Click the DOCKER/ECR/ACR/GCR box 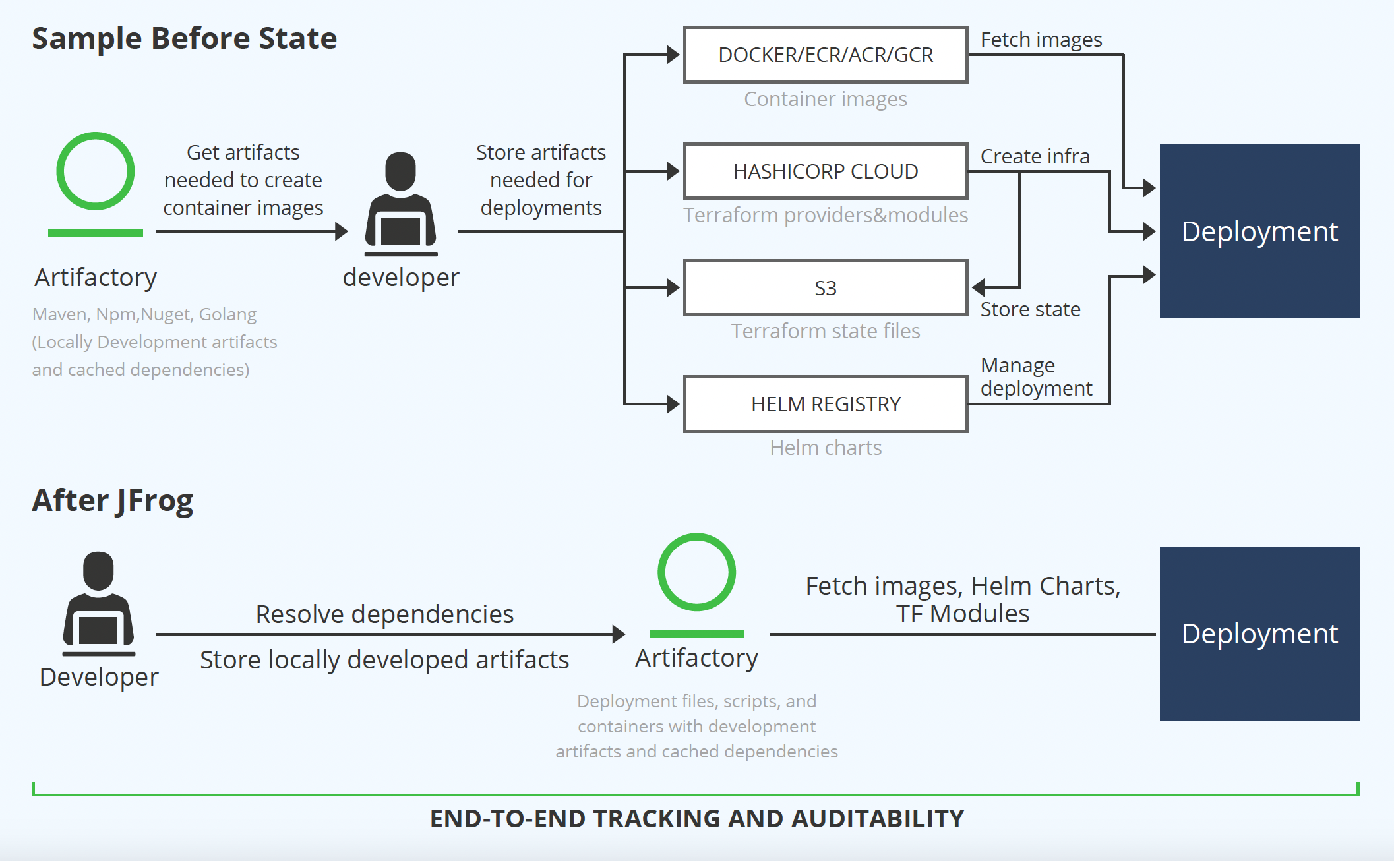coord(826,55)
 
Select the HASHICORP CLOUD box coord(826,171)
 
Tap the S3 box coord(826,288)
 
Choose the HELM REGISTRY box coord(826,404)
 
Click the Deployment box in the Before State coord(1259,231)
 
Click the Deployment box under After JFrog coord(1259,634)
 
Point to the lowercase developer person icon coord(401,204)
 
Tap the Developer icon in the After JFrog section coord(99,603)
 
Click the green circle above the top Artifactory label coord(96,171)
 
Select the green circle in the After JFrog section coord(696,572)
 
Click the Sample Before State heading coord(185,38)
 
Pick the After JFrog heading coord(113,500)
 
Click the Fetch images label coord(1041,40)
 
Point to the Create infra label coord(1035,156)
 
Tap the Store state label coord(1030,309)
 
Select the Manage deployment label coord(1036,376)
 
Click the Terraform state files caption coord(826,331)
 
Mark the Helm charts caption coord(826,448)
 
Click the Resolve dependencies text coord(384,614)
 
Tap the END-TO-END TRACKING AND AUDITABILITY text coord(696,818)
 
